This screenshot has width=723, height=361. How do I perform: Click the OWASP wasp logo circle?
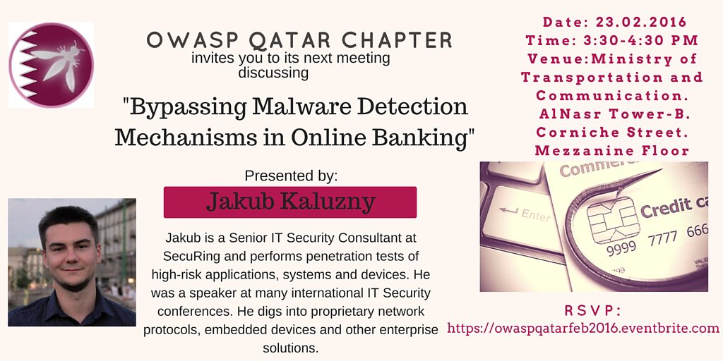[51, 65]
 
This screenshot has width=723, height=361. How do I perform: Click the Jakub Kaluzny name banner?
[290, 202]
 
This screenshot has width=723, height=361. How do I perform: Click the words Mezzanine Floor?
[611, 150]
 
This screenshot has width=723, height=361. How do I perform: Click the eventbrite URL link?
[583, 328]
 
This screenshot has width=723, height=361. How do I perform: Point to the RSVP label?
[593, 311]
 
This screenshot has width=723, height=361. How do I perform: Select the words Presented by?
[291, 176]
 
